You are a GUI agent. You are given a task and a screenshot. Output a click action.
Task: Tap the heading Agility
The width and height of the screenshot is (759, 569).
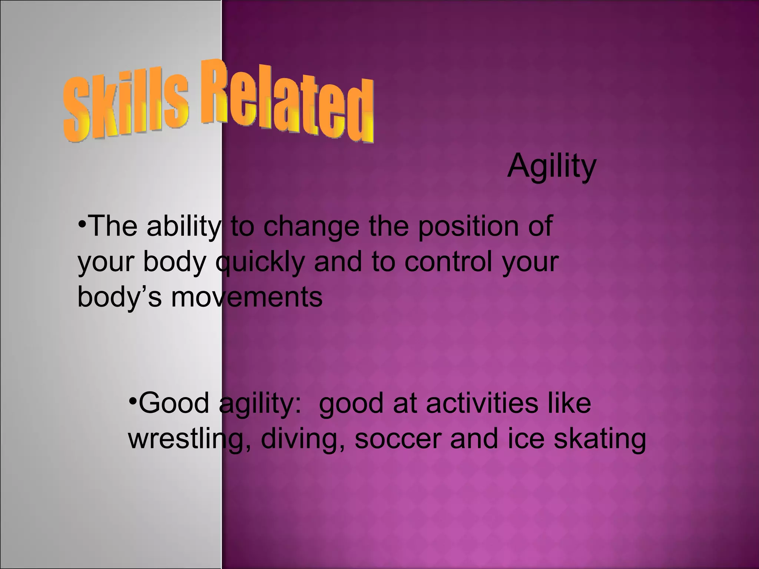coord(551,167)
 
